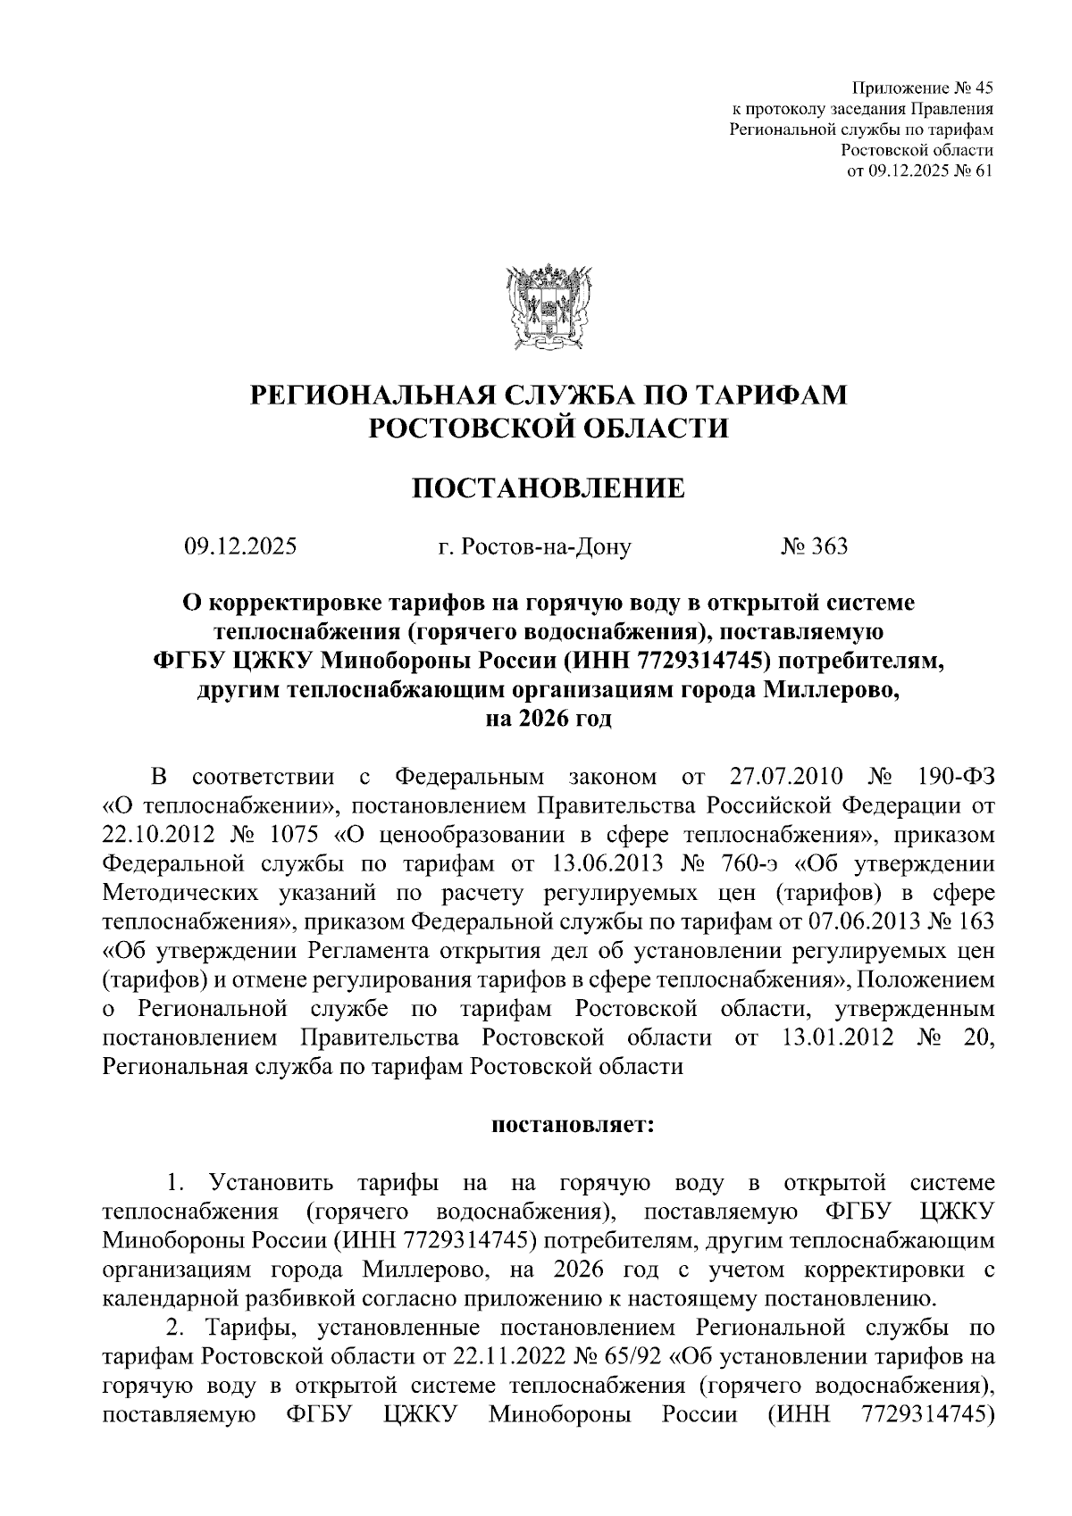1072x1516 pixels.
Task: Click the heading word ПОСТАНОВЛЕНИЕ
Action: (x=548, y=488)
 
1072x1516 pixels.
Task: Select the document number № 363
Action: (x=814, y=546)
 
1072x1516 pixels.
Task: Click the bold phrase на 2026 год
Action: (x=548, y=719)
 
